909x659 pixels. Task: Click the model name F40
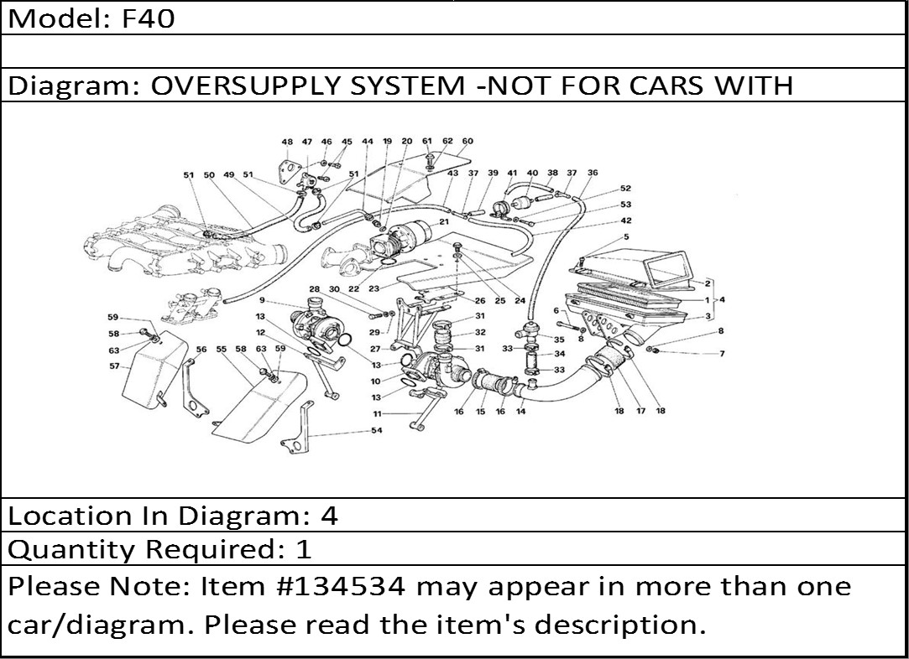point(149,18)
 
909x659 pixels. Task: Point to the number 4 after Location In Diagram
point(329,516)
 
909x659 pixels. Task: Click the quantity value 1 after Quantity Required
point(304,550)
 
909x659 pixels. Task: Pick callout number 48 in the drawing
point(287,142)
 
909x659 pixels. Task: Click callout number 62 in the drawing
point(447,141)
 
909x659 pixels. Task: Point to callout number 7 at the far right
point(721,354)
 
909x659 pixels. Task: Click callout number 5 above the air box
point(625,236)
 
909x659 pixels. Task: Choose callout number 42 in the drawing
point(626,221)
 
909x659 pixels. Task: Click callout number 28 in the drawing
point(314,289)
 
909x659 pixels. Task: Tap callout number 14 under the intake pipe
point(521,412)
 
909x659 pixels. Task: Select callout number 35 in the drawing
point(559,340)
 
